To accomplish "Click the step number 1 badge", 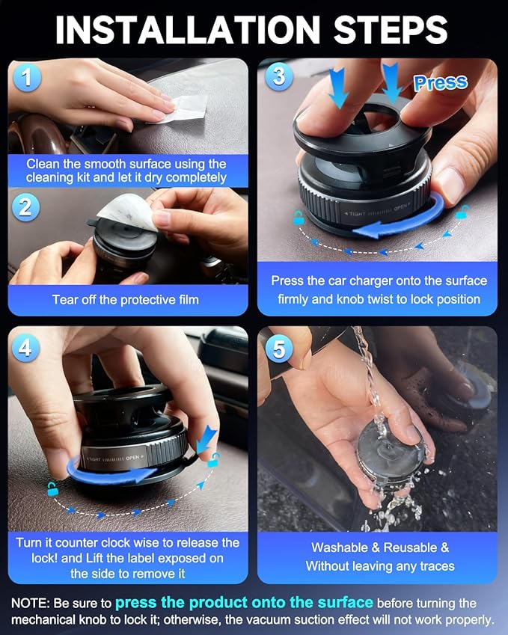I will coord(26,78).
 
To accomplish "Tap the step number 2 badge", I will coord(26,206).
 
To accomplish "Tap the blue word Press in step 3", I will coord(440,83).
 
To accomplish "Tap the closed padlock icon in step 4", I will coord(52,490).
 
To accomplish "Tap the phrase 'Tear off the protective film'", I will coord(126,299).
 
